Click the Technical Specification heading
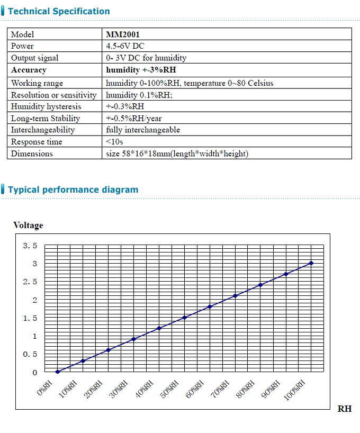coord(59,11)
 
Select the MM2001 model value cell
coord(123,34)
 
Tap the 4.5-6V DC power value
coord(125,46)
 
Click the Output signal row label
coord(35,58)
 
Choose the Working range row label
coord(37,83)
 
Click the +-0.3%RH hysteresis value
coord(125,106)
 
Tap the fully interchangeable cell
coord(143,130)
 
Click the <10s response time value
coord(114,142)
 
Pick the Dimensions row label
coord(32,154)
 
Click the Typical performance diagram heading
coord(73,190)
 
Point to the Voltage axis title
coord(28,225)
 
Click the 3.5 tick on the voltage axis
coord(30,246)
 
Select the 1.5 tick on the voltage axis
coord(30,318)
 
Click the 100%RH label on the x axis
coord(295,391)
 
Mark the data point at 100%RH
coord(311,263)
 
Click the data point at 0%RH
coord(58,372)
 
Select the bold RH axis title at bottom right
coord(345,409)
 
